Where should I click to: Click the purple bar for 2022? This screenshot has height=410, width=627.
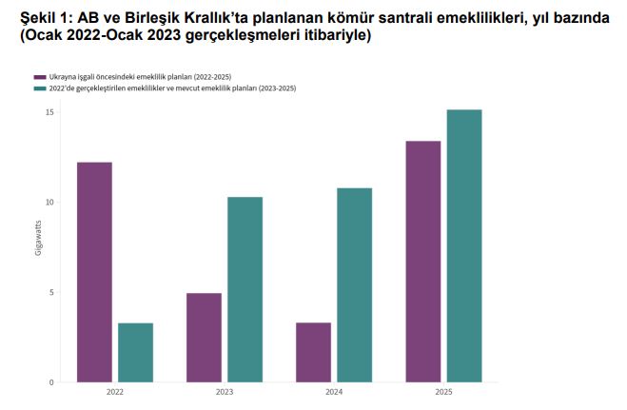[94, 272]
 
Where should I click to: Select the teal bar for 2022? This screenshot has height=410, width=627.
[135, 352]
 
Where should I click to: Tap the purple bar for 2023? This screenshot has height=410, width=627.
[204, 338]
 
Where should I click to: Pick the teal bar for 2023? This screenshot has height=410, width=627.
[245, 289]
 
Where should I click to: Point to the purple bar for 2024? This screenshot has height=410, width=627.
[313, 352]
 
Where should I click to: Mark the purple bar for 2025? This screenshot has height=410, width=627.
[422, 262]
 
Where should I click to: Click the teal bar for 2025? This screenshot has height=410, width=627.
[463, 245]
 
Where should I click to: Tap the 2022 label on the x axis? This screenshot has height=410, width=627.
[115, 392]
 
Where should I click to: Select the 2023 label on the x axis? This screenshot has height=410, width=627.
[225, 392]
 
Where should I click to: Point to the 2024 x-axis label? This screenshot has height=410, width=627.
[334, 392]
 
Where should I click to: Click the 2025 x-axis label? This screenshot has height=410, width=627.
[443, 392]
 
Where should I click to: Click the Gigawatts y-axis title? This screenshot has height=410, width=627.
[38, 239]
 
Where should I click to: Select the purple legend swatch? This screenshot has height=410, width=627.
[39, 76]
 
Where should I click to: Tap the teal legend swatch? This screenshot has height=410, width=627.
[39, 88]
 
